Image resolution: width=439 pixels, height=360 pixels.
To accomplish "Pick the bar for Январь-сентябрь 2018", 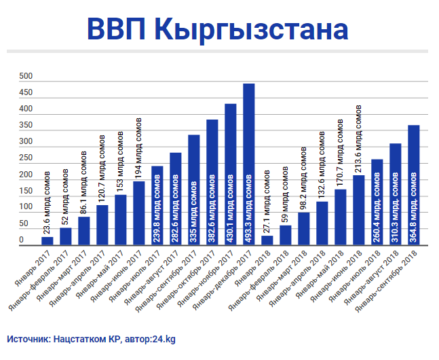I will (413, 185).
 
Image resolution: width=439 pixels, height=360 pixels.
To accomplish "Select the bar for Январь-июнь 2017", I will (139, 213).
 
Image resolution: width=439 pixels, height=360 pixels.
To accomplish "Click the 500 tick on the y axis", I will (26, 76).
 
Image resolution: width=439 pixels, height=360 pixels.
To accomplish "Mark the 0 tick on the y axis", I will (21, 240).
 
